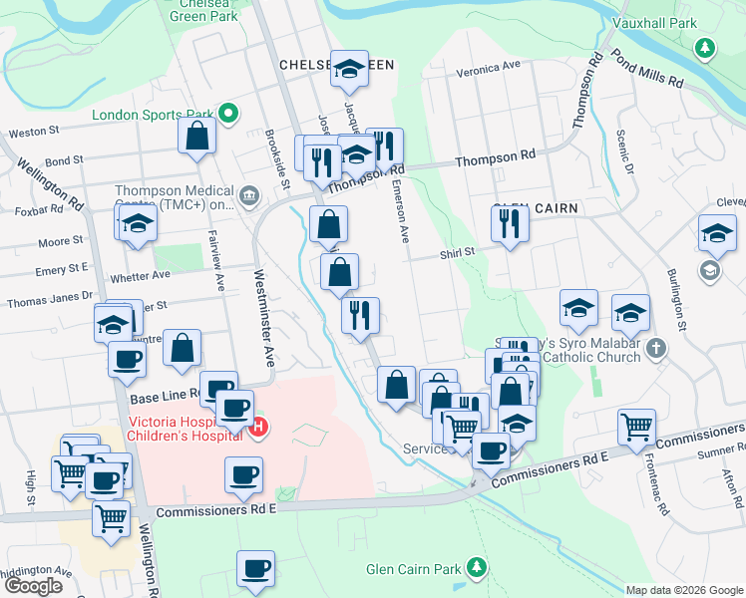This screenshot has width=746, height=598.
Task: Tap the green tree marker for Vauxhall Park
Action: [705, 47]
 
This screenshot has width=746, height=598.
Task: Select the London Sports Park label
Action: [155, 115]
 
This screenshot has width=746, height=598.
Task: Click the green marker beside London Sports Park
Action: [228, 114]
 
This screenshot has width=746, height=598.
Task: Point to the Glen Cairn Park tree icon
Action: [477, 569]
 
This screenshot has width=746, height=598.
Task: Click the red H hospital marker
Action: [258, 429]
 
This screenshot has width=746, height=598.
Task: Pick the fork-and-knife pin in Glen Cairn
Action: [511, 223]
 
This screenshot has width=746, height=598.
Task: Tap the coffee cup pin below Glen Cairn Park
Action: [256, 569]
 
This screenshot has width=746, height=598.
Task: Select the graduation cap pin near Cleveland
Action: [717, 233]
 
